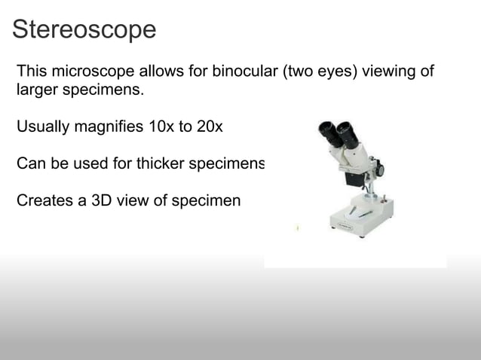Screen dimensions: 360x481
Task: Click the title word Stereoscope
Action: click(84, 29)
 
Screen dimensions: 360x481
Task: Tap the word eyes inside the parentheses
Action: click(343, 72)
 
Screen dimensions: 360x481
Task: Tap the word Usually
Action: click(43, 127)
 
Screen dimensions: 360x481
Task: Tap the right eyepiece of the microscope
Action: click(346, 129)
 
